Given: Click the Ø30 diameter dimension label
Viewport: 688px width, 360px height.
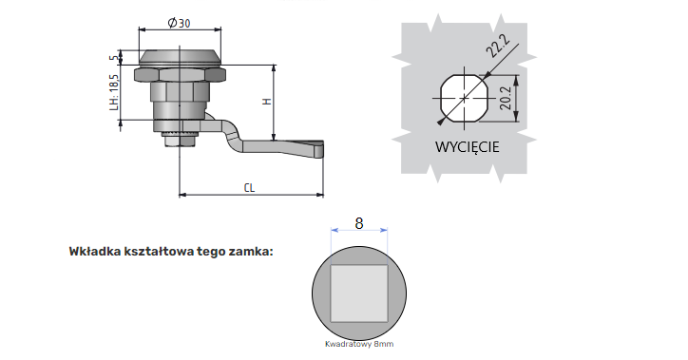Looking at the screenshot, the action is [x=179, y=23].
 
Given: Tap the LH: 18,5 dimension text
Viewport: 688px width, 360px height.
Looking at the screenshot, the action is [x=114, y=92].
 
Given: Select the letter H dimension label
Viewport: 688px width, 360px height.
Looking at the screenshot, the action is [x=267, y=102].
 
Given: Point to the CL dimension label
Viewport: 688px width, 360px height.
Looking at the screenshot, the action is [x=249, y=188].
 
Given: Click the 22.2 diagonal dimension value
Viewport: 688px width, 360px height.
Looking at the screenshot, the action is [x=498, y=46].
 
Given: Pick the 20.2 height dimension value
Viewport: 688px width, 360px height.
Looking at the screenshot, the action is [x=505, y=98].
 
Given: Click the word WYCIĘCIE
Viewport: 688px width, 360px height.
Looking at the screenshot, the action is [x=467, y=147].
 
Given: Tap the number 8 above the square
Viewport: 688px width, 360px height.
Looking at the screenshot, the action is [x=359, y=223].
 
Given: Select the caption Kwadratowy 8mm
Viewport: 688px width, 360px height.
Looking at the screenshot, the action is [x=359, y=344].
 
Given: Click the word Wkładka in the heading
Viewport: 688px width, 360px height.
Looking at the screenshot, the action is [x=95, y=252].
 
